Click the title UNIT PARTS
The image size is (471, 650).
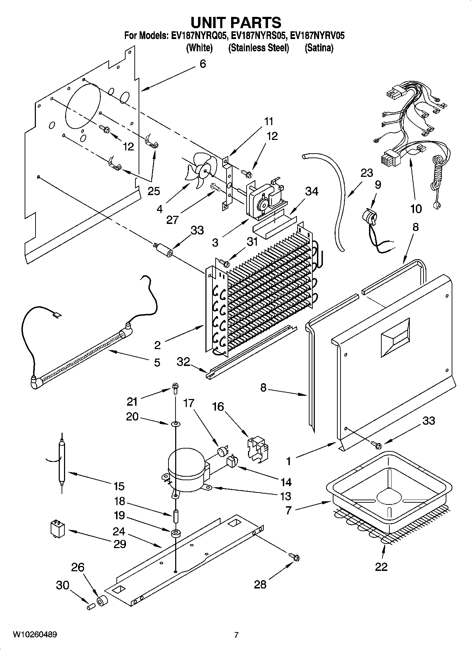point(236,22)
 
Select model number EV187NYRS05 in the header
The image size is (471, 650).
point(260,36)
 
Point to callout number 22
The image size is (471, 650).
point(381,567)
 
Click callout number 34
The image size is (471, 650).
point(312,192)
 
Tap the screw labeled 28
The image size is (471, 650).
point(295,556)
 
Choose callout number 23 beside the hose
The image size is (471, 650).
point(367,173)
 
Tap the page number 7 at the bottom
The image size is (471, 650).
point(236,635)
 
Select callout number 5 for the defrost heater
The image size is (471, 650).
point(157,362)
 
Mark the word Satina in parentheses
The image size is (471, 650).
point(319,48)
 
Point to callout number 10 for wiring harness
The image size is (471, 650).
point(416,209)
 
